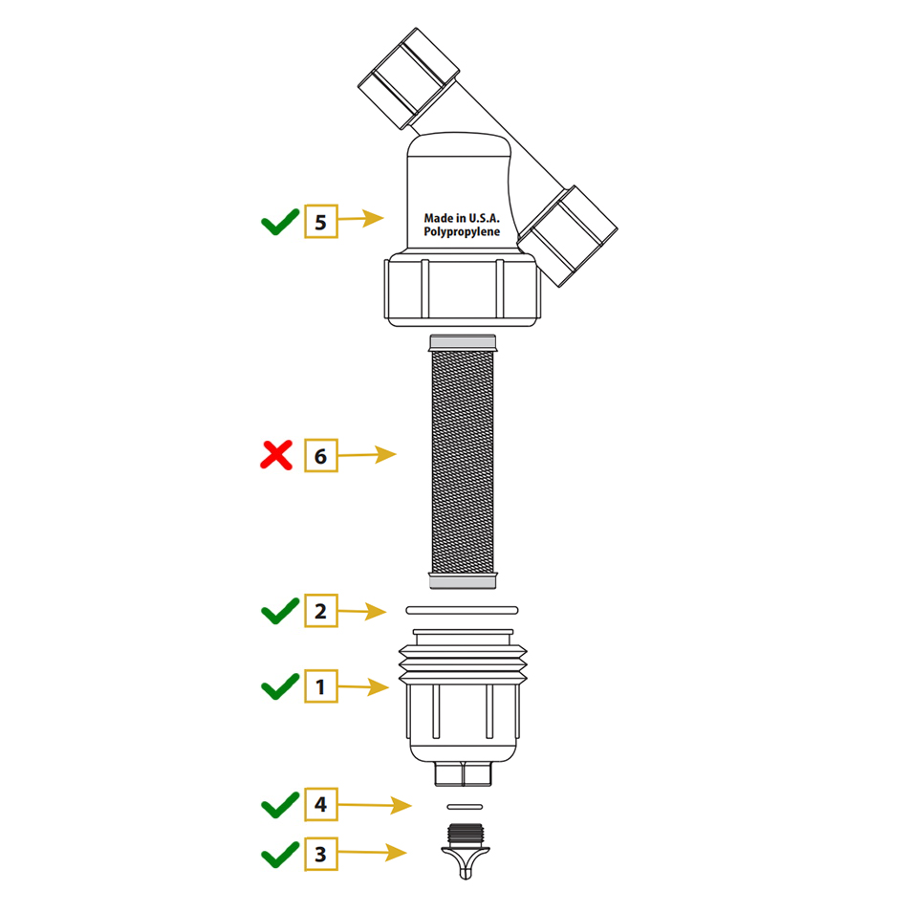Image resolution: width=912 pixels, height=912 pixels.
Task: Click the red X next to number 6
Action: tap(276, 455)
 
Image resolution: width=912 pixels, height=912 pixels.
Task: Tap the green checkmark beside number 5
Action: tap(280, 223)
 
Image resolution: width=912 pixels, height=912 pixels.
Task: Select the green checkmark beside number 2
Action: tap(280, 612)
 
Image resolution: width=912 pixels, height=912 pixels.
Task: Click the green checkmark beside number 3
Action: tap(280, 855)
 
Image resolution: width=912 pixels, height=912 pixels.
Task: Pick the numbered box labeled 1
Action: tap(321, 686)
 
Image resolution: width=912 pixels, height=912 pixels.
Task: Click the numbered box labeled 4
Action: tap(321, 804)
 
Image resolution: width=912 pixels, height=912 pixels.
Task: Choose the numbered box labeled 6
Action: tap(321, 455)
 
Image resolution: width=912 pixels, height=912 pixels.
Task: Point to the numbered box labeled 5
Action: tap(321, 222)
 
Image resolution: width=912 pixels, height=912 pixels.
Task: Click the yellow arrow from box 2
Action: tap(361, 611)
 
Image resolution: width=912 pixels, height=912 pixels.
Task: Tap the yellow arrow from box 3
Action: tap(372, 853)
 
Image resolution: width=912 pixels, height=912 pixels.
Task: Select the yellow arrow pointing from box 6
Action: tap(367, 454)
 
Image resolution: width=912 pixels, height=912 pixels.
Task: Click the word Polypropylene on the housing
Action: tap(462, 232)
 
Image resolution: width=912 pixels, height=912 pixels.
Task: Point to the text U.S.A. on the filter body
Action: tap(485, 218)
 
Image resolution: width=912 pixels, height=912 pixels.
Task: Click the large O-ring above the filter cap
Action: tap(462, 610)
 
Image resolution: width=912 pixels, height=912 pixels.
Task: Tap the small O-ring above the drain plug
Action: tap(465, 807)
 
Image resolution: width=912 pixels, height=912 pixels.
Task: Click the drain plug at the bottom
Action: tap(466, 851)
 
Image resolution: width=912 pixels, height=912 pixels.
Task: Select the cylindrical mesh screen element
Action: tap(463, 462)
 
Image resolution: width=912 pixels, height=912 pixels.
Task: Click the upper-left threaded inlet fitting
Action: tap(408, 78)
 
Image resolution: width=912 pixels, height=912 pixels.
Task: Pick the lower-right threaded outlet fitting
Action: tap(567, 236)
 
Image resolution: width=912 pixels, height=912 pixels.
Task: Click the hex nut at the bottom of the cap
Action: tap(464, 773)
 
